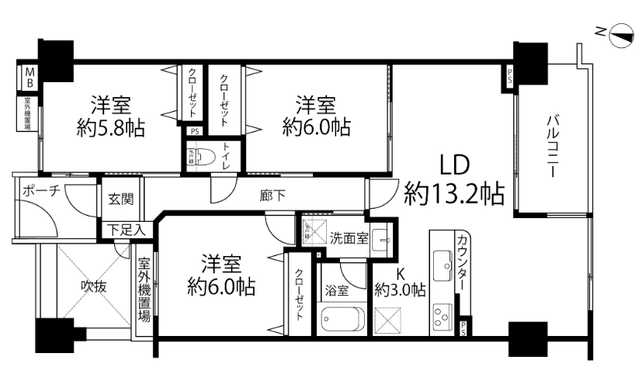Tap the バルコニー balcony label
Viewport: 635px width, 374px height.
553,146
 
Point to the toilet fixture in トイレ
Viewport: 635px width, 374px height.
204,156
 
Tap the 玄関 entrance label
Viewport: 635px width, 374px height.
121,199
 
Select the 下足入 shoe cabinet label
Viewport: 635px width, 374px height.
125,229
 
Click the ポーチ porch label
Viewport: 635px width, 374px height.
40,191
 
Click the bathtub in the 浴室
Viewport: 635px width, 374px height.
342,320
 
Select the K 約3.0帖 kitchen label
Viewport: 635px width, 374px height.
400,282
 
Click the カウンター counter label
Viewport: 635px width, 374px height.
463,262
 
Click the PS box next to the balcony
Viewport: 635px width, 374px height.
510,78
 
